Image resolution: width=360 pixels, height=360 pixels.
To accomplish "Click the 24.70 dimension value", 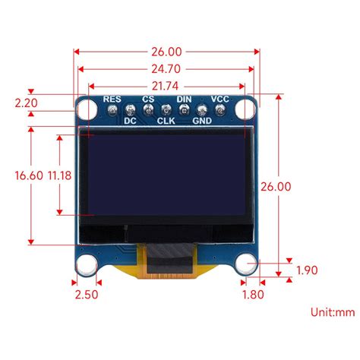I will point(166,70).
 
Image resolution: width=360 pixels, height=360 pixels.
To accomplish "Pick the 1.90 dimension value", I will point(308,270).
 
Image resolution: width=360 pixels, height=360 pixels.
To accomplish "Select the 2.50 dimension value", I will point(87,295).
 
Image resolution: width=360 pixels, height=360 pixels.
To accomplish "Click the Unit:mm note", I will point(332,312).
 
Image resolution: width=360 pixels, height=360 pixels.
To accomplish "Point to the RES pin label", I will point(112,99).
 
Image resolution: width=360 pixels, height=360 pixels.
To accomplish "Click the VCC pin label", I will point(219,99).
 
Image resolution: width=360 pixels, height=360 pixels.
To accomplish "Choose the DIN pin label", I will point(184,99).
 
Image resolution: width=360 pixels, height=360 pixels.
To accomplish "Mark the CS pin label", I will point(148,99).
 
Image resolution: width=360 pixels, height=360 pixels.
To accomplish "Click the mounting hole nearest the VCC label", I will point(245,110).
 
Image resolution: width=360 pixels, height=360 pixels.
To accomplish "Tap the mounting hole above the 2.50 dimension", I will point(87,264).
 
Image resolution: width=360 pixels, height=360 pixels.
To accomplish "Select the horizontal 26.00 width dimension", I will point(166,52).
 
